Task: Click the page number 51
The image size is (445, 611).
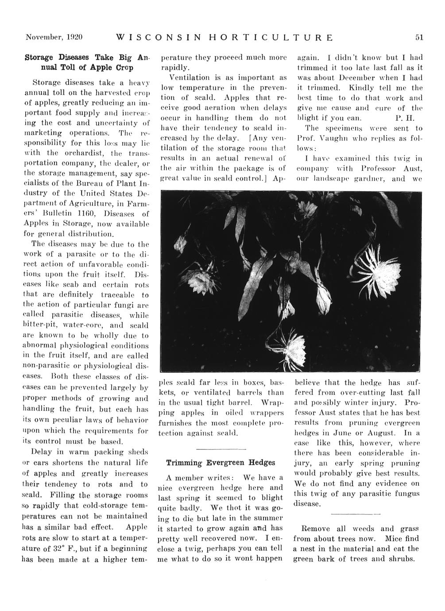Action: (x=419, y=38)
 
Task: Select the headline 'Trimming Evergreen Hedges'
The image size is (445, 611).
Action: (x=221, y=462)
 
